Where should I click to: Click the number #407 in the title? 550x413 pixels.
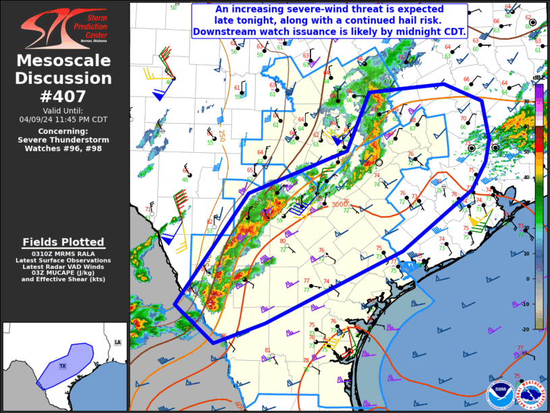point(63,96)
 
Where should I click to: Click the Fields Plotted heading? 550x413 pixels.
point(63,242)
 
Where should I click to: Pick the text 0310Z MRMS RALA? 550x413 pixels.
point(63,253)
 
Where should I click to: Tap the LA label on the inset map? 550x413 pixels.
point(117,343)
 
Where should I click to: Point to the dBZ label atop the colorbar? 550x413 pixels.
point(539,78)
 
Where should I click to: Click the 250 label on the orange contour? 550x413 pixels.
point(221,135)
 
